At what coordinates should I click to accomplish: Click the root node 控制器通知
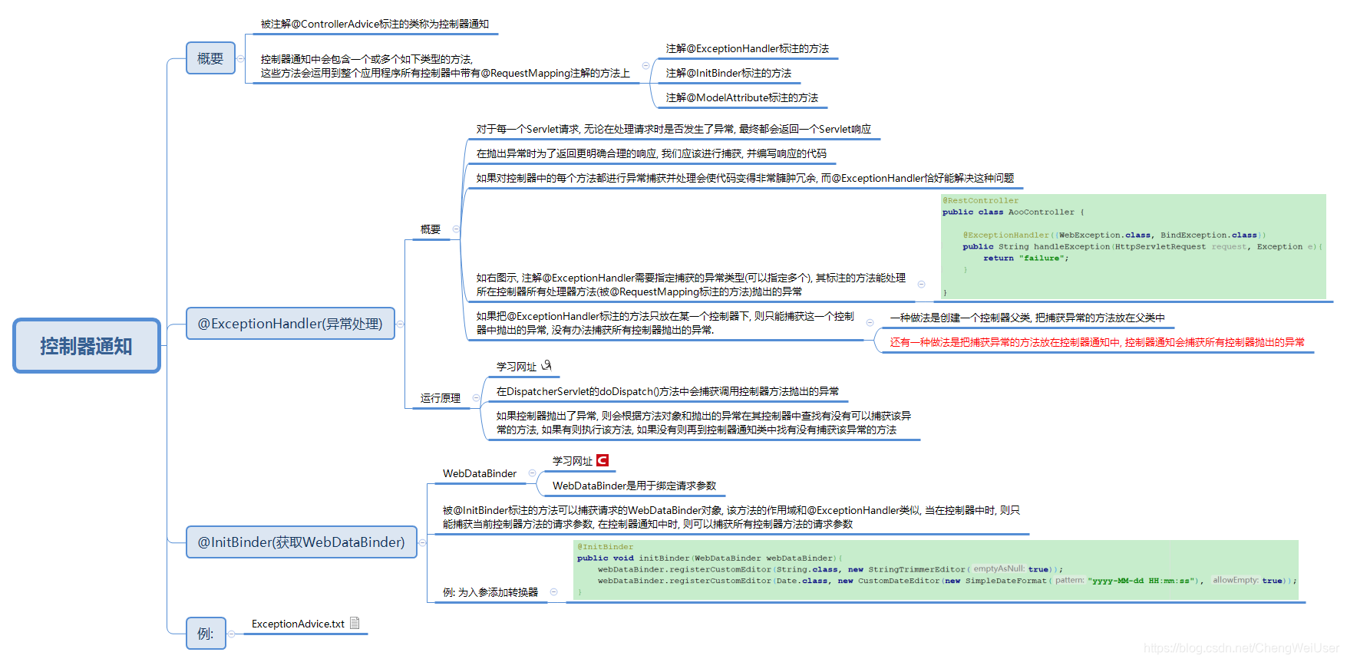[86, 346]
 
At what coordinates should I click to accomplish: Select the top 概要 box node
[210, 58]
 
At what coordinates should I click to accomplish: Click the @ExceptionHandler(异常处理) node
[290, 324]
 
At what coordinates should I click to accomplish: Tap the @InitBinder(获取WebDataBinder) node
[301, 542]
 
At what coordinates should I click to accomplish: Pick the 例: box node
[206, 634]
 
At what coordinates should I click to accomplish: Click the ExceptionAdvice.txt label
[298, 624]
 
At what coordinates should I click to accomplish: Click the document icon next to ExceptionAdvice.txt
[355, 623]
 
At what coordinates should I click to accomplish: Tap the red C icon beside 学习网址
[603, 460]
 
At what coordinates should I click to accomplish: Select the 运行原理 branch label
[441, 398]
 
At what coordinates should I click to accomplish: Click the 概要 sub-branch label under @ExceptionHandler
[431, 229]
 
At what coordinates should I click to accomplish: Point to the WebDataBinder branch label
[480, 473]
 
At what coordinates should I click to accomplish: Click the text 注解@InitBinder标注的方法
[728, 73]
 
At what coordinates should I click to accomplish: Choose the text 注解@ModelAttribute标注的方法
[742, 97]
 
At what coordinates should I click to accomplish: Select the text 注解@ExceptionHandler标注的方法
[748, 48]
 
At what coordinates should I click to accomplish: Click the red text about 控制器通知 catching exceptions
[1097, 342]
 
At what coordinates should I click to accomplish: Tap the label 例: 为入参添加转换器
[490, 592]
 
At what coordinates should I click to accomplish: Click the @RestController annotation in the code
[980, 201]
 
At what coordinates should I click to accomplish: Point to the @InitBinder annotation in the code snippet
[606, 547]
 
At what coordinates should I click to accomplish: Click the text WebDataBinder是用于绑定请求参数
[634, 486]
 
